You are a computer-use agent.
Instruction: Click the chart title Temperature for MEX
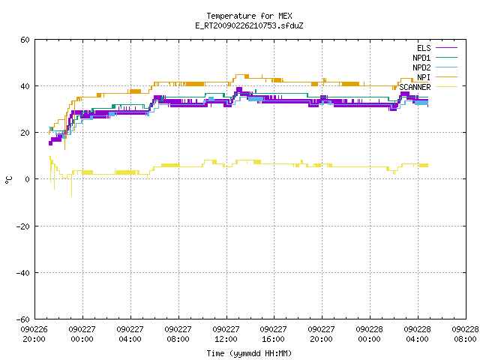click(249, 16)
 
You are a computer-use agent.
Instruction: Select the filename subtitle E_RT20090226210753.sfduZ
click(249, 25)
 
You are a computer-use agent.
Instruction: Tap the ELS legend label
click(424, 48)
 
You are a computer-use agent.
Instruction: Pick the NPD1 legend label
click(421, 58)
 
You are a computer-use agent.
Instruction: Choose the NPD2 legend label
click(421, 67)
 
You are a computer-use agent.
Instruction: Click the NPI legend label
click(424, 77)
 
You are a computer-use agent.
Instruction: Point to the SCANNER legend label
click(415, 87)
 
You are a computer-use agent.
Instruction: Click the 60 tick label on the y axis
click(25, 40)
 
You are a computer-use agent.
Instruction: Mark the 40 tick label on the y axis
click(25, 86)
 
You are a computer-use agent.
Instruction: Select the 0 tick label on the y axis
click(27, 179)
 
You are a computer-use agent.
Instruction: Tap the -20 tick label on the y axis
click(23, 226)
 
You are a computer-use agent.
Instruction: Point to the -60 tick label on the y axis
click(23, 319)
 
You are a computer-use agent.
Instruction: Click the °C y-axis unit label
click(9, 180)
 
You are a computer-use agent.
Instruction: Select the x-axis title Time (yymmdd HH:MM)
click(249, 353)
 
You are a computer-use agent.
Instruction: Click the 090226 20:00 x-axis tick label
click(34, 334)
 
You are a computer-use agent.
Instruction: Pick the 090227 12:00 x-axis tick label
click(226, 334)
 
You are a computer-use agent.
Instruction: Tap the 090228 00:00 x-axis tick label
click(370, 334)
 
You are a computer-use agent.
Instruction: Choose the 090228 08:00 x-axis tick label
click(465, 334)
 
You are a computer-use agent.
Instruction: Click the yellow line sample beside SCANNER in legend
click(446, 87)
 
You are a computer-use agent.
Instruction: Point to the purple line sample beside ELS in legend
click(446, 48)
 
